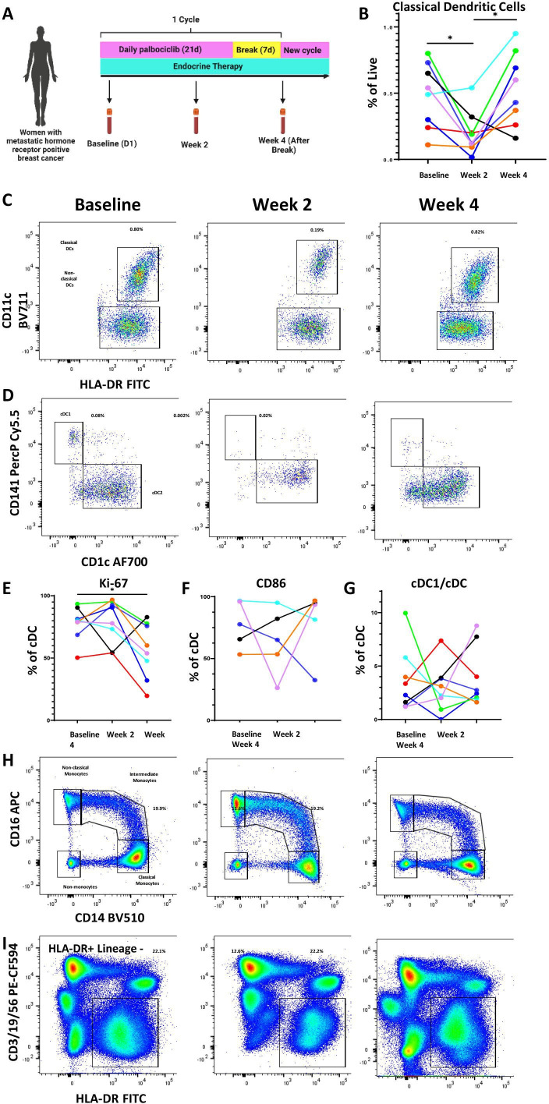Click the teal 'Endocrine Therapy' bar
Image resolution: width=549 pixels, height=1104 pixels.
point(211,66)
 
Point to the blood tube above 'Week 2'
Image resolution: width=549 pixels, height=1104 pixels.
point(196,124)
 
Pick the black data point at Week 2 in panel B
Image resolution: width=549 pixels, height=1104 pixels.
point(472,117)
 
